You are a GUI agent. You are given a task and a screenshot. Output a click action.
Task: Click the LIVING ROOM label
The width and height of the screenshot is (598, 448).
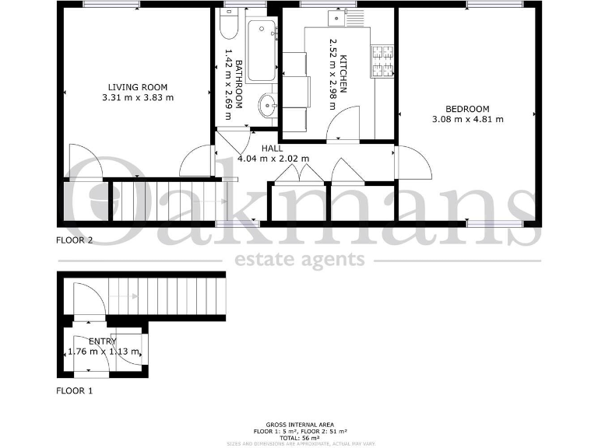138,87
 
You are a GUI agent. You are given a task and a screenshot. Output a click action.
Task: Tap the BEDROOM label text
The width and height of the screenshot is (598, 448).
467,108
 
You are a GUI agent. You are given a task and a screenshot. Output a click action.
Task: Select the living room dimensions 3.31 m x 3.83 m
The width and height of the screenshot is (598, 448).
138,98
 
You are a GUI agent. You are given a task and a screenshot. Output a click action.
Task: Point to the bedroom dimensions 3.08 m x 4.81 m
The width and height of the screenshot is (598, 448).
467,119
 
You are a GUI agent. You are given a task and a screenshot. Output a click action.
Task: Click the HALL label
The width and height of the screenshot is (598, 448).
272,148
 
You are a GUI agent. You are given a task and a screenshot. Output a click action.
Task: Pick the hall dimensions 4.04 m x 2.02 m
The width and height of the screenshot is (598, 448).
273,159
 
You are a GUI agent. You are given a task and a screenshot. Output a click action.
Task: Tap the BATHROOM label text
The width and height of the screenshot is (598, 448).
239,84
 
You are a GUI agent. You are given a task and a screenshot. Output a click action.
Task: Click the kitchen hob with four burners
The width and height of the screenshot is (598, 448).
382,62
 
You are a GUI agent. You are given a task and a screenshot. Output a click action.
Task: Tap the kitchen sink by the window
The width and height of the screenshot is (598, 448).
339,17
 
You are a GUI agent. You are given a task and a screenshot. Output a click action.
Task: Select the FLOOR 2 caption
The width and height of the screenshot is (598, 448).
75,240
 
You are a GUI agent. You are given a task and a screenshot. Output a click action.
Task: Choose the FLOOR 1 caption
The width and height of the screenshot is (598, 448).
75,391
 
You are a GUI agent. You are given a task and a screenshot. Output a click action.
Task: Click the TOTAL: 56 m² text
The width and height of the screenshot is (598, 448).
299,437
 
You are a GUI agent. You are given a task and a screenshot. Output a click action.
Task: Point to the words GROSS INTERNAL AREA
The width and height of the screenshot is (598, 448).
299,424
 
